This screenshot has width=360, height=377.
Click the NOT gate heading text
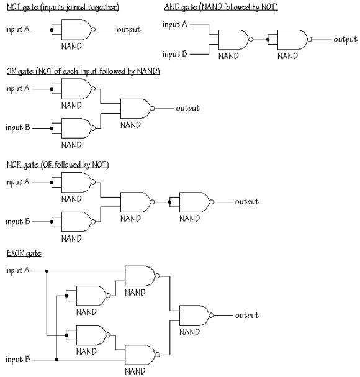coord(63,7)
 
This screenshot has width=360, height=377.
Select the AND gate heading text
coord(221,7)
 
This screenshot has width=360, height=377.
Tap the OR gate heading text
coord(83,71)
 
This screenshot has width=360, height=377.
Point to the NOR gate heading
coord(58,165)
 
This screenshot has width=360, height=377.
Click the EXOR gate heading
coord(24,253)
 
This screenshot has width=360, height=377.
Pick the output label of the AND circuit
coord(345,40)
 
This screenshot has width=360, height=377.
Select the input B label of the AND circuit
coord(174,54)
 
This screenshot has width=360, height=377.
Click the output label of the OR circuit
coord(187,109)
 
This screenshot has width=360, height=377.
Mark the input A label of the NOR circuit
coord(17,182)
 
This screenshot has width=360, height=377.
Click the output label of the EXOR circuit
coord(247,316)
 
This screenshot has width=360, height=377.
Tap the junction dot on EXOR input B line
coord(56,360)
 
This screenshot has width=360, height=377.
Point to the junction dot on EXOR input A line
coord(47,271)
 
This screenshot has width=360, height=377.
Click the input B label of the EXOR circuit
coord(17,360)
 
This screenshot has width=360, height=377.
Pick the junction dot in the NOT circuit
coord(52,30)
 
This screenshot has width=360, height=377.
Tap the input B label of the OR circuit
coord(17,128)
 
